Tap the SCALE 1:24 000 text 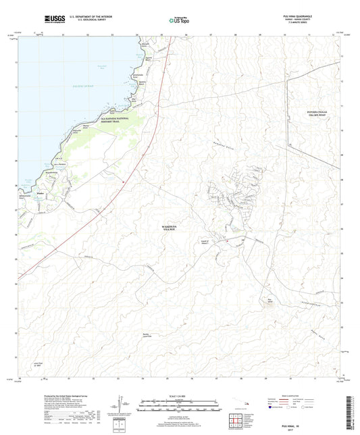point(179,394)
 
